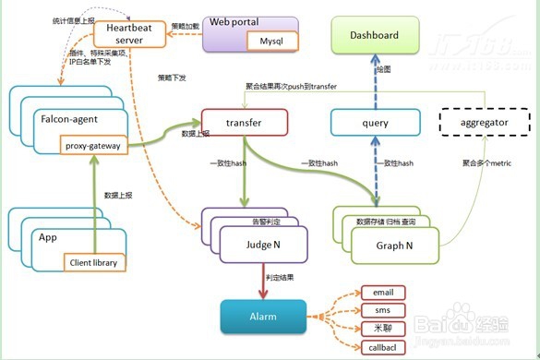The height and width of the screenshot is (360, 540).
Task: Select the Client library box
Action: click(x=94, y=263)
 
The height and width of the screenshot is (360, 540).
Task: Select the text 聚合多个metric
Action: click(x=486, y=163)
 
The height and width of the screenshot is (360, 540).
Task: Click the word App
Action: click(x=48, y=236)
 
